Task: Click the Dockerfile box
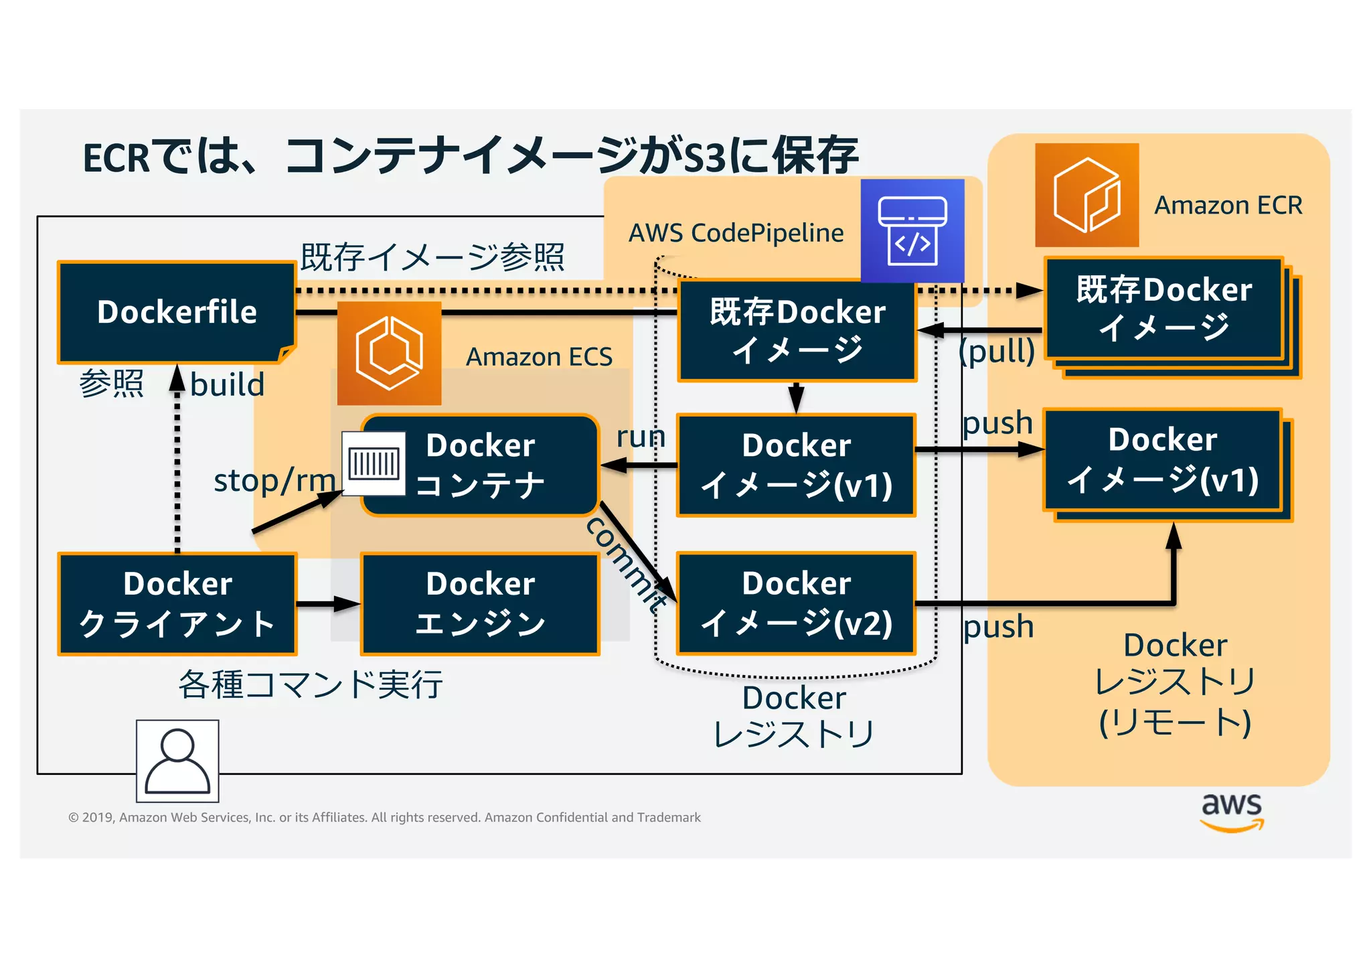(x=177, y=312)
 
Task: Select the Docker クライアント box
(x=177, y=603)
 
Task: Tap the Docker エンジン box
(x=480, y=603)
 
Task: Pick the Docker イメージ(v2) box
(x=796, y=603)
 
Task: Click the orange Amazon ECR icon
(x=1086, y=195)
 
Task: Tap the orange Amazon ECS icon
(x=389, y=353)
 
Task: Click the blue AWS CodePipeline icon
(x=912, y=230)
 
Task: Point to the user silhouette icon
(x=177, y=761)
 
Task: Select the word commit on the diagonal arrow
(x=626, y=563)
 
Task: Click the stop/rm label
(x=274, y=480)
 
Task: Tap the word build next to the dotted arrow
(x=227, y=384)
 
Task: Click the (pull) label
(x=996, y=350)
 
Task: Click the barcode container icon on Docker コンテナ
(x=374, y=463)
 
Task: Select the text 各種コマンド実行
(x=311, y=684)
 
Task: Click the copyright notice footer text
(x=384, y=817)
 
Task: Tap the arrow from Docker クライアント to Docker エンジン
(x=328, y=604)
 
